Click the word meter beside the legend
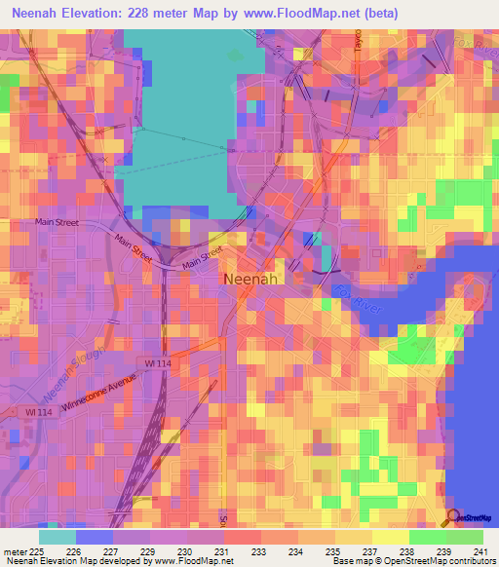point(16,551)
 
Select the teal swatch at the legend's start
point(58,537)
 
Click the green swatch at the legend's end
point(464,537)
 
